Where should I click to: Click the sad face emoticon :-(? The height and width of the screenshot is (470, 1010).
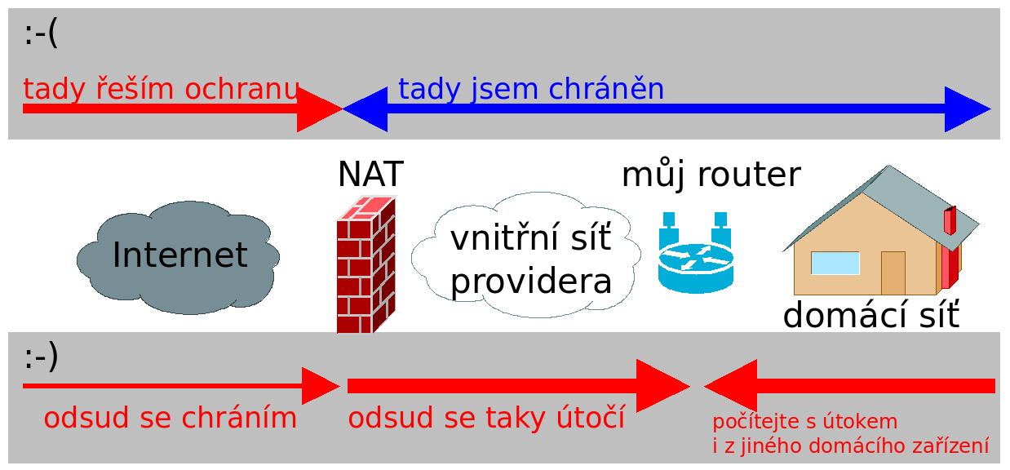[x=41, y=33]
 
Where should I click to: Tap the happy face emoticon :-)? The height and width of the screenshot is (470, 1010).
[x=41, y=357]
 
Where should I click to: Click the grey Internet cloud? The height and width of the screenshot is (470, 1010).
[x=178, y=257]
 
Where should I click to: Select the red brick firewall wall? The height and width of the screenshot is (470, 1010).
[x=366, y=264]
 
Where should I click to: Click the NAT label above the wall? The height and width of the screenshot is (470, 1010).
[x=370, y=174]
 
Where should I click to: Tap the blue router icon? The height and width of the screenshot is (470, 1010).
[x=696, y=253]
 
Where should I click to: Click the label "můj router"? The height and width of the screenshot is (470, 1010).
[x=711, y=175]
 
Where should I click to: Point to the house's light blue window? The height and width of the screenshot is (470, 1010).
[x=835, y=263]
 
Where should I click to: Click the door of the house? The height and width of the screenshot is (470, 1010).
[x=893, y=273]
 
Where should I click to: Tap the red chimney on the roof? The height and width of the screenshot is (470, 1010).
[x=950, y=220]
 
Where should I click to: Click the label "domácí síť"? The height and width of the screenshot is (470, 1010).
[x=871, y=314]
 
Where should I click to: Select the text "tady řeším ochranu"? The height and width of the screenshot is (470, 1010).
[x=161, y=89]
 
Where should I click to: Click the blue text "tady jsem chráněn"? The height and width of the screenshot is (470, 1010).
[x=531, y=89]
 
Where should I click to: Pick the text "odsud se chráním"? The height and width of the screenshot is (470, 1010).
[x=171, y=417]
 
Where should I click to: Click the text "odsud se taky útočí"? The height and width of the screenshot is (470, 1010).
[x=486, y=417]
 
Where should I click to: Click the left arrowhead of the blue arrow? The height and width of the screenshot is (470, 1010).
[x=365, y=109]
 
